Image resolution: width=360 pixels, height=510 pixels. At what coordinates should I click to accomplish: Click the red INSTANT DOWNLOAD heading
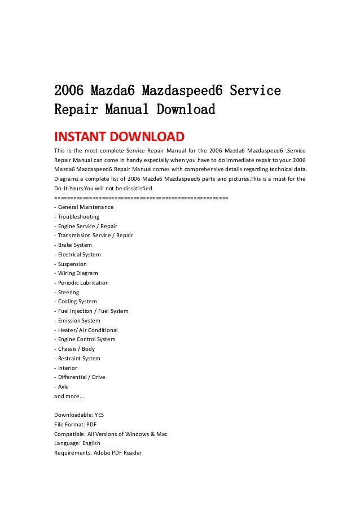(x=118, y=137)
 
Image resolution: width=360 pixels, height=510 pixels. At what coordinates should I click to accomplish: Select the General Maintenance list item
(x=84, y=207)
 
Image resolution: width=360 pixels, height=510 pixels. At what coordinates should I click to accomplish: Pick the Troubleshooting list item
(x=76, y=216)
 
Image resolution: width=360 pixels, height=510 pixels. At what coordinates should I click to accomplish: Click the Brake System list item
(x=73, y=245)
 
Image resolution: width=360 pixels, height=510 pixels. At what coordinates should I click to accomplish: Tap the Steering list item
(x=67, y=293)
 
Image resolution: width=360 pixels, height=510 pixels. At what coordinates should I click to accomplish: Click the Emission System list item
(x=77, y=320)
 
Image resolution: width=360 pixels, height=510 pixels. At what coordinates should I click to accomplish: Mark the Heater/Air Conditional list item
(x=85, y=330)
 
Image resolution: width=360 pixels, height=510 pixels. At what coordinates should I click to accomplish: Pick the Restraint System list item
(x=77, y=358)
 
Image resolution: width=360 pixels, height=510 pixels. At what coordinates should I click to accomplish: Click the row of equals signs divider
(x=141, y=198)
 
